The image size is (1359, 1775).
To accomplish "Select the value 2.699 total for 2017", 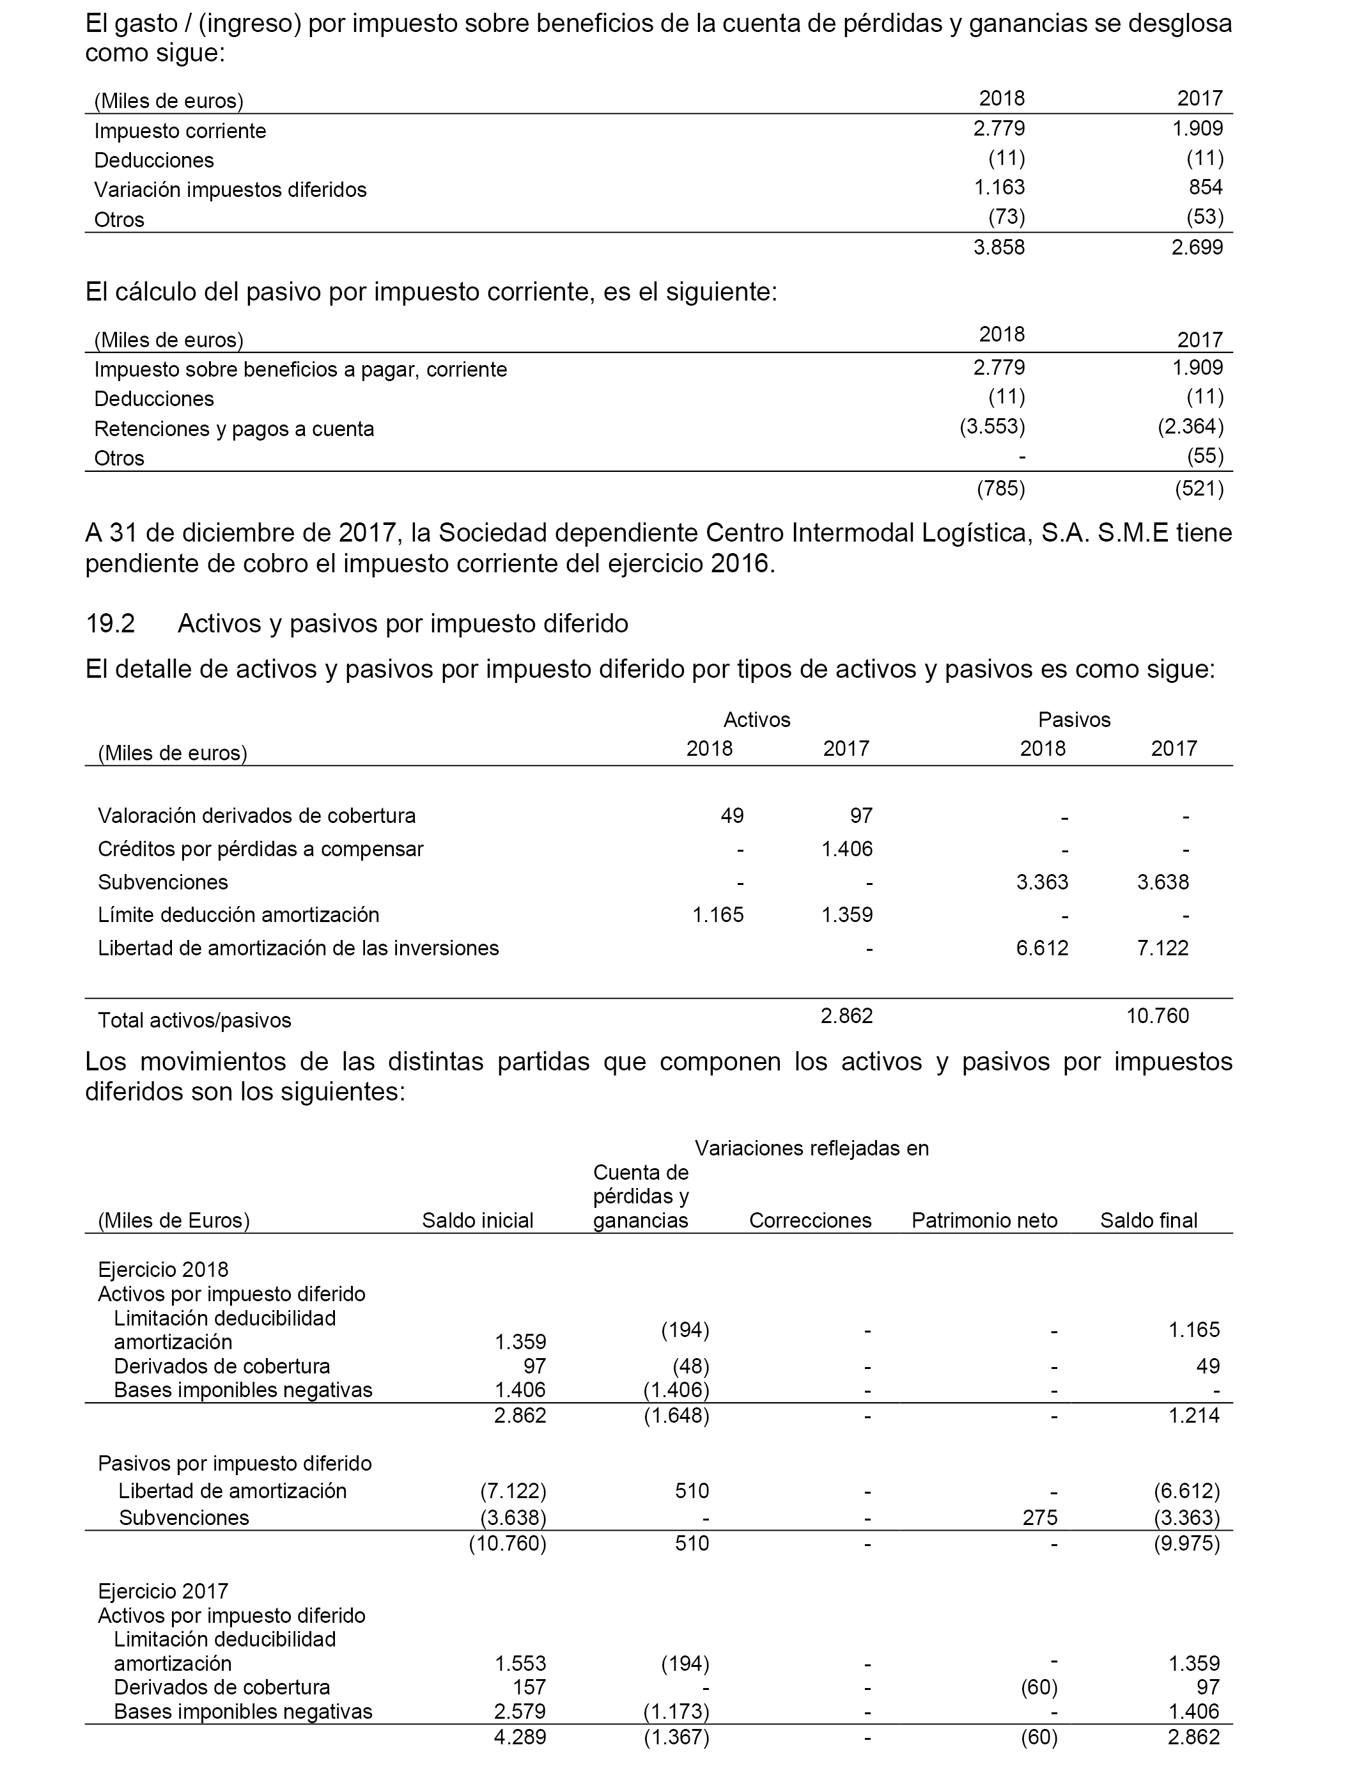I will (x=1197, y=247).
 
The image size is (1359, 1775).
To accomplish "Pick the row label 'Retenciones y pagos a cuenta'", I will (x=234, y=429).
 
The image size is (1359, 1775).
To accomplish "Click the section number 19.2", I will (x=110, y=624).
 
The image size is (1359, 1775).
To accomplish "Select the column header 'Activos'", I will (x=756, y=720).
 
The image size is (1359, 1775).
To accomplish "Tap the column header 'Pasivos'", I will (x=1075, y=720).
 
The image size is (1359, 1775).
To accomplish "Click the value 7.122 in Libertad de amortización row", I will (x=1162, y=948).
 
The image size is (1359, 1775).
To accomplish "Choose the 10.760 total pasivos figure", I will (x=1158, y=1016).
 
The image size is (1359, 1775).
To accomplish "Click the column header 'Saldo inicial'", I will (x=478, y=1221).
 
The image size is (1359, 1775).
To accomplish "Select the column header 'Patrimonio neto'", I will (x=984, y=1221).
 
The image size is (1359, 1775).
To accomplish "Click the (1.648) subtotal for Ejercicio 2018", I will (x=676, y=1416).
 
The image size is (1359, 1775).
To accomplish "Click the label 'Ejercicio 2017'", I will (x=164, y=1591).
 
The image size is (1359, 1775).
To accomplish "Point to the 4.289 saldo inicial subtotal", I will (x=520, y=1737).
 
